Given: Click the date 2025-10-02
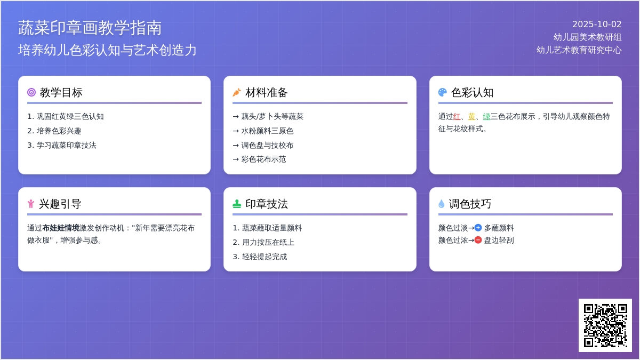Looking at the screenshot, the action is [597, 25].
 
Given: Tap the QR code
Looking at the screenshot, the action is [605, 325].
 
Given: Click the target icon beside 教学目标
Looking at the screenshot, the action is [31, 92].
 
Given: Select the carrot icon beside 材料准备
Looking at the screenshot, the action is [237, 92].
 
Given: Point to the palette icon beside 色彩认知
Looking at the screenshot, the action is [442, 92].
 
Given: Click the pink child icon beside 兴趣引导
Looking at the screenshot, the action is [31, 204].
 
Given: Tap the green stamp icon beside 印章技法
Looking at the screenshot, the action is [237, 204].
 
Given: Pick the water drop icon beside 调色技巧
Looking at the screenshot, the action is [442, 204].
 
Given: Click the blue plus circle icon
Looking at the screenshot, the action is [478, 228].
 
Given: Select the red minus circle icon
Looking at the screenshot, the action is [478, 240].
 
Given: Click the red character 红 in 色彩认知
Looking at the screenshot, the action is [457, 117].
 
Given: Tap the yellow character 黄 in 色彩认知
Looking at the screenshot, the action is [471, 117].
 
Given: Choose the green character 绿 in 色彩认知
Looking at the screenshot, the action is [486, 117].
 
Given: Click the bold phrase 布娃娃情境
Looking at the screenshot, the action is [61, 228].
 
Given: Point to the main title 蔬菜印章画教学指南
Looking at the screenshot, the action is [90, 28].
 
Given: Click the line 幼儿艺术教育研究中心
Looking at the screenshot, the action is [579, 50].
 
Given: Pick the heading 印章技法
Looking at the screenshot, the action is [267, 204].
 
